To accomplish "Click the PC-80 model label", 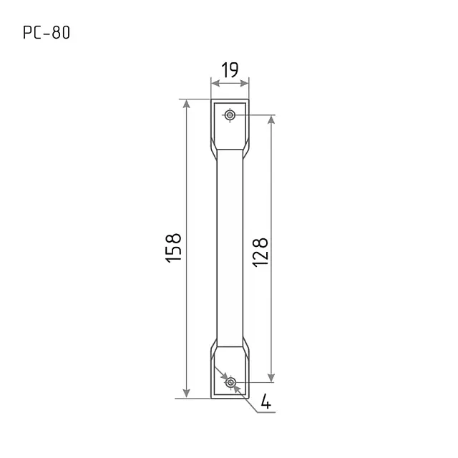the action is click(x=47, y=32).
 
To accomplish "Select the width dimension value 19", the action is click(x=230, y=70).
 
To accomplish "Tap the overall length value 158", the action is click(x=173, y=248).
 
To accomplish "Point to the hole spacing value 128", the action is click(x=260, y=253).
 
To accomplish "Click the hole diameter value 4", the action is click(x=265, y=401).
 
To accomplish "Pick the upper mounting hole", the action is click(x=230, y=114).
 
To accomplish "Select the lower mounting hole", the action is click(x=230, y=382).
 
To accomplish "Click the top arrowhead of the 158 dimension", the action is click(x=186, y=103).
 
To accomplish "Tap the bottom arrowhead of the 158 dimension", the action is click(x=186, y=394).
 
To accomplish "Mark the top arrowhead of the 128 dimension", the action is click(x=271, y=120).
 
